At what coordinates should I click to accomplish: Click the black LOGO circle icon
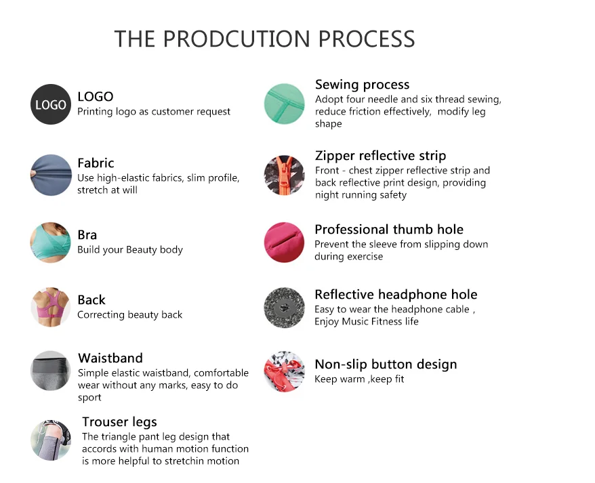point(51,104)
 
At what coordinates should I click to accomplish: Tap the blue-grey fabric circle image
point(51,175)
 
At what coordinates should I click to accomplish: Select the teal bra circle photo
point(51,243)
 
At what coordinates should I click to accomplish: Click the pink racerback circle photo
point(51,307)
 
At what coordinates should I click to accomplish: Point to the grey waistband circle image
point(51,371)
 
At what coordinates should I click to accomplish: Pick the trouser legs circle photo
point(51,440)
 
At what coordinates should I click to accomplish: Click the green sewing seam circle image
point(284,104)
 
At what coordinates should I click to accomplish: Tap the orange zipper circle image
point(284,175)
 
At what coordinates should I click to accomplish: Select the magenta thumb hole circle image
point(284,243)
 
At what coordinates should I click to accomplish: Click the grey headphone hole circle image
point(284,308)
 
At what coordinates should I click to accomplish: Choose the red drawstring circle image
point(284,371)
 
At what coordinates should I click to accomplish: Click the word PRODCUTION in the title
point(237,39)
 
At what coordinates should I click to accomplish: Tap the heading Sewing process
point(363,85)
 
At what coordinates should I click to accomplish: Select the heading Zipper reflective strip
point(381,156)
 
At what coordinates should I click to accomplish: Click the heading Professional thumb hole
point(389,230)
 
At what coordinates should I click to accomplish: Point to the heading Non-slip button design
point(386,364)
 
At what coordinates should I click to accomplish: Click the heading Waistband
point(110,358)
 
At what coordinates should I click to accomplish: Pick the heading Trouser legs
point(119,422)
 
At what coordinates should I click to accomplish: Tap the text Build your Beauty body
point(130,250)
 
